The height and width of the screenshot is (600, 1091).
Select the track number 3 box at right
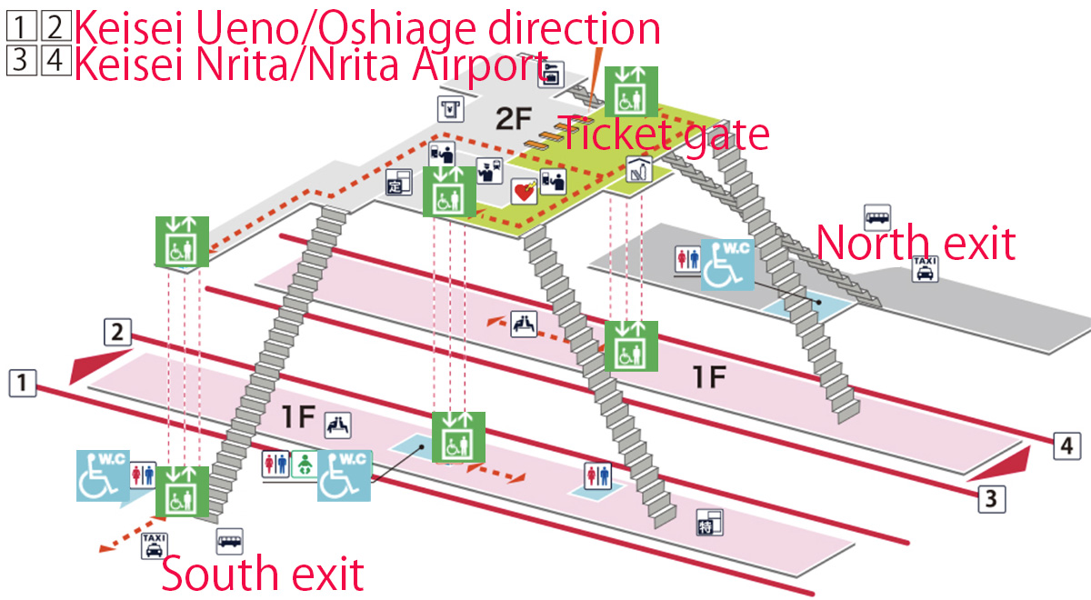[x=991, y=499]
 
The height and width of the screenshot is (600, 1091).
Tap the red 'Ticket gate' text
[x=664, y=135]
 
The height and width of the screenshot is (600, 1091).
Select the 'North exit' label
[x=915, y=244]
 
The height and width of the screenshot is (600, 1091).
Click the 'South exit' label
[x=262, y=575]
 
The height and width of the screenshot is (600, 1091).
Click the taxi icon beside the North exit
[x=924, y=268]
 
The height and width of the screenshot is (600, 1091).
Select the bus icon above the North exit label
[x=876, y=217]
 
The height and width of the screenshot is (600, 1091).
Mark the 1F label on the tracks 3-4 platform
[x=709, y=377]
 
